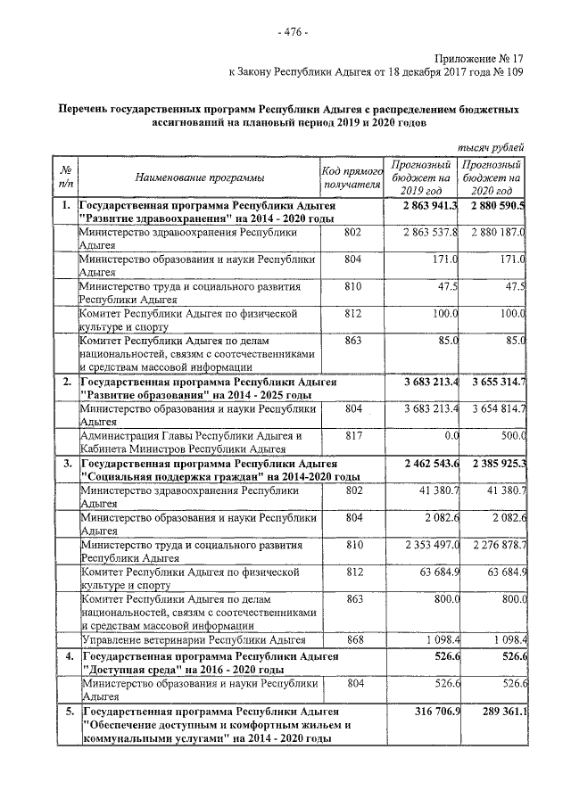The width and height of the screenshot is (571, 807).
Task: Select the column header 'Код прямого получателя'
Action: [x=352, y=177]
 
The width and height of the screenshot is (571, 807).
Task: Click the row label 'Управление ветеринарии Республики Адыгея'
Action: [x=187, y=640]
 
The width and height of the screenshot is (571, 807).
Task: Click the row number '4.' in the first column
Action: [x=65, y=656]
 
